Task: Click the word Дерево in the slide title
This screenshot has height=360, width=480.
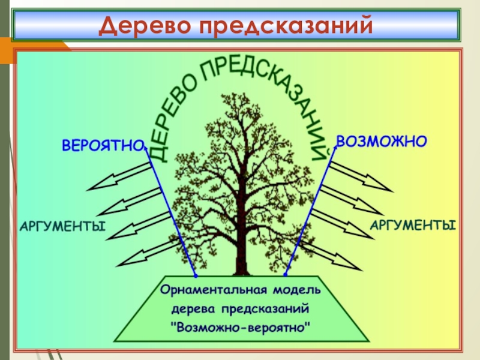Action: pyautogui.click(x=143, y=25)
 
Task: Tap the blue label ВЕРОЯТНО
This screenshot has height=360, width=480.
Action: pyautogui.click(x=103, y=145)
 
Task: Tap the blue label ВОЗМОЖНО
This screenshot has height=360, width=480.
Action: pyautogui.click(x=382, y=142)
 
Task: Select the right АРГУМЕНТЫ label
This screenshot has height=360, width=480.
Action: pyautogui.click(x=412, y=225)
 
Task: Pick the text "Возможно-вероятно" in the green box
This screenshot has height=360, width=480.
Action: pyautogui.click(x=241, y=328)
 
